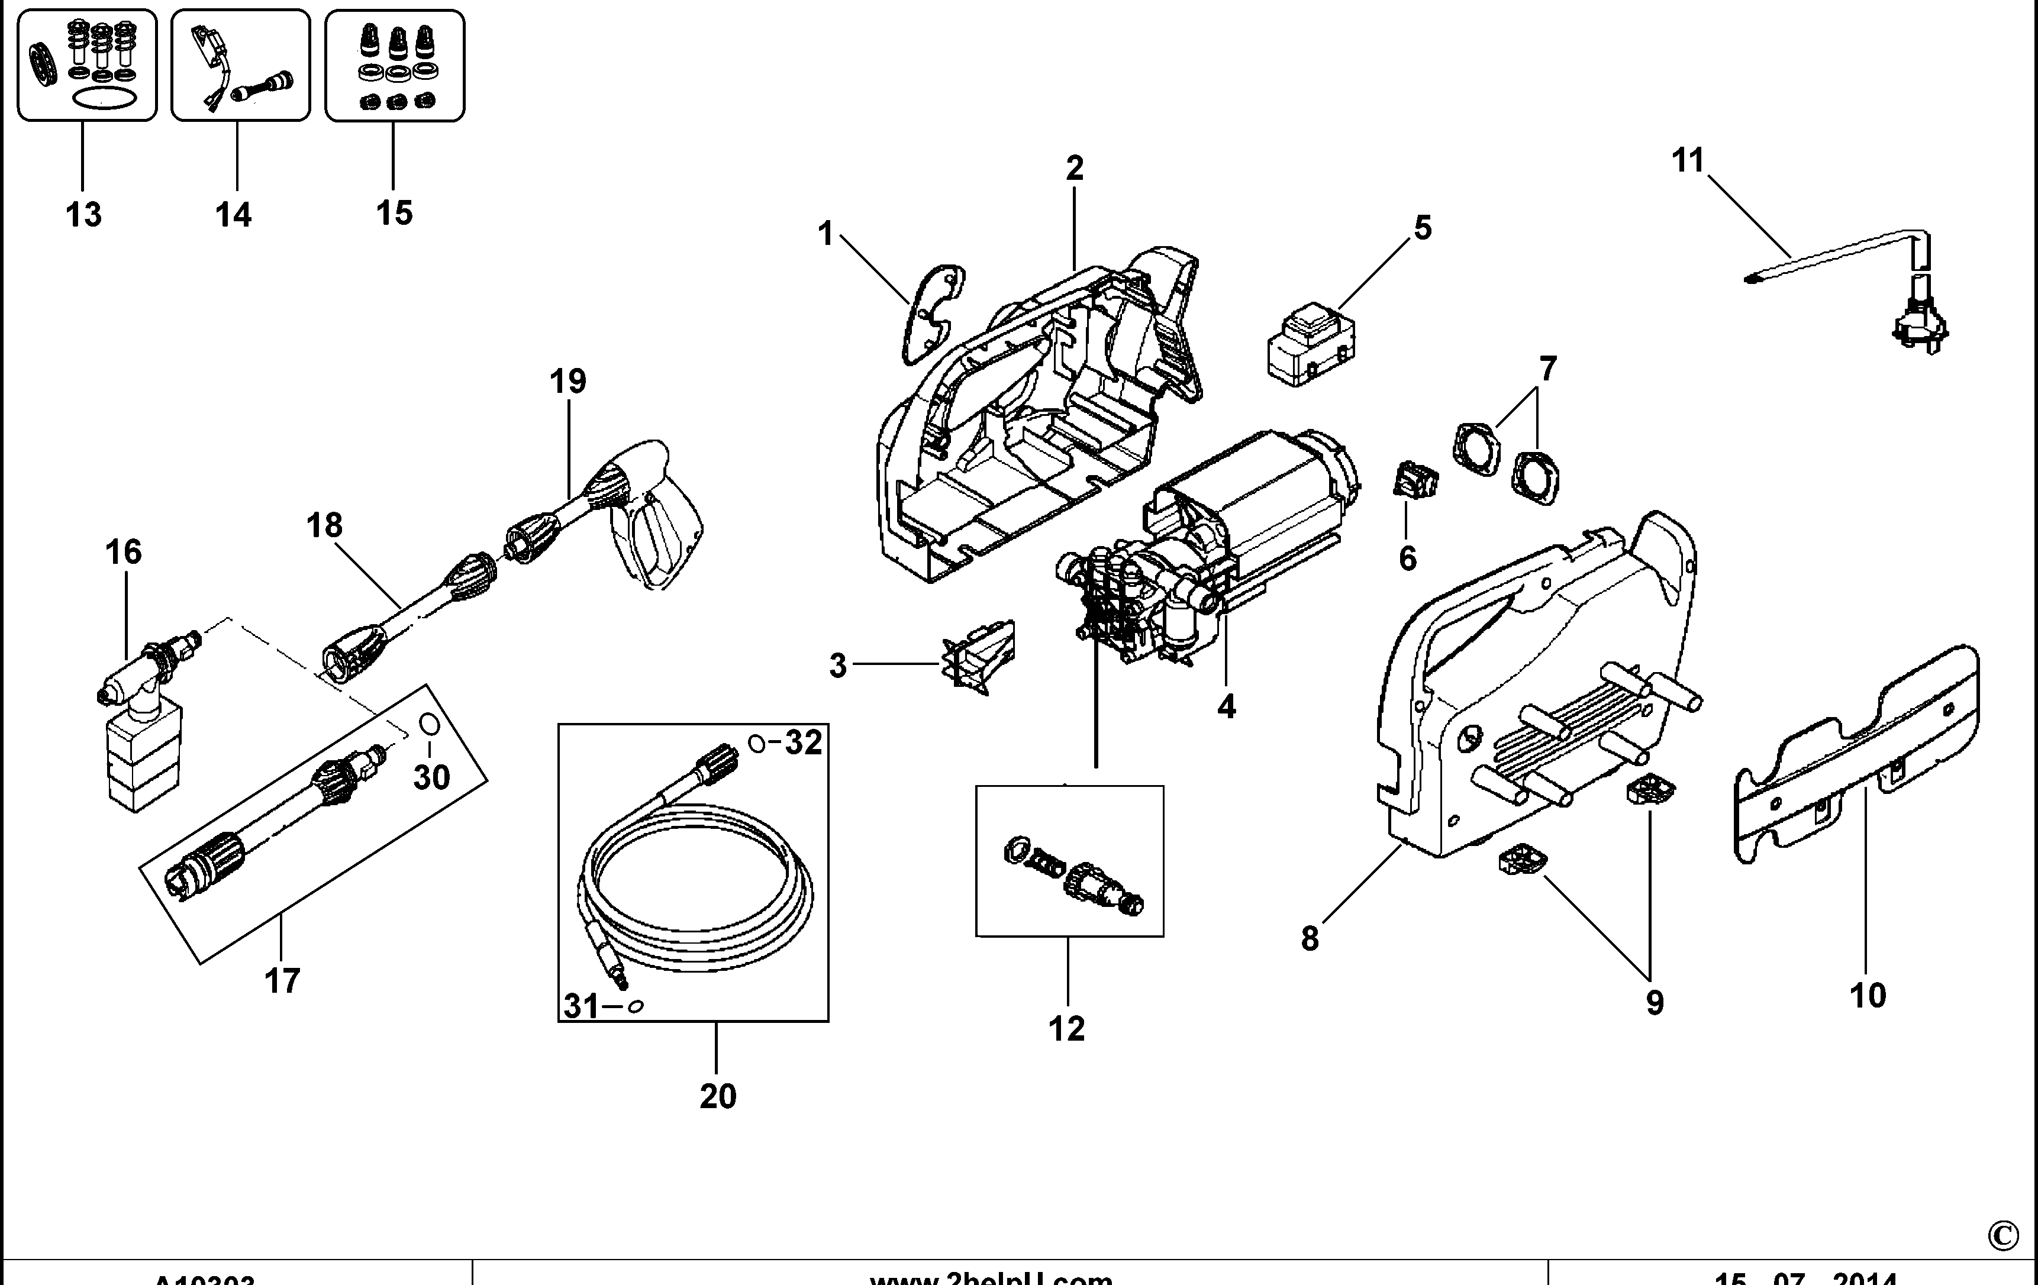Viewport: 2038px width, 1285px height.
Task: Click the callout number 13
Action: coord(83,215)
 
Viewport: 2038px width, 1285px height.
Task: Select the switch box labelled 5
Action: coord(1311,345)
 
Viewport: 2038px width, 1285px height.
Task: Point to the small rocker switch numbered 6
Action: coord(1415,480)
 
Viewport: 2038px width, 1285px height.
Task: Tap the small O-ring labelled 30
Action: coord(429,725)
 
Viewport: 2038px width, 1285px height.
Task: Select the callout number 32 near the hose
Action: coord(802,742)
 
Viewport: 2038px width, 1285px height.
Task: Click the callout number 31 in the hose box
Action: coord(582,1006)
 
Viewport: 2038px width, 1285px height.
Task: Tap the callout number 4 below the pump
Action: coord(1226,706)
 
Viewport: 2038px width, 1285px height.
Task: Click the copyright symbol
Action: coord(2002,1236)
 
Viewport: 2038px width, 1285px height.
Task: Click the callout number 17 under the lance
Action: coord(282,981)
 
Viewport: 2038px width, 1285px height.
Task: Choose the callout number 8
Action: coord(1310,938)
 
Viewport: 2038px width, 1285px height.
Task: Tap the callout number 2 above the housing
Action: coord(1074,169)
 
